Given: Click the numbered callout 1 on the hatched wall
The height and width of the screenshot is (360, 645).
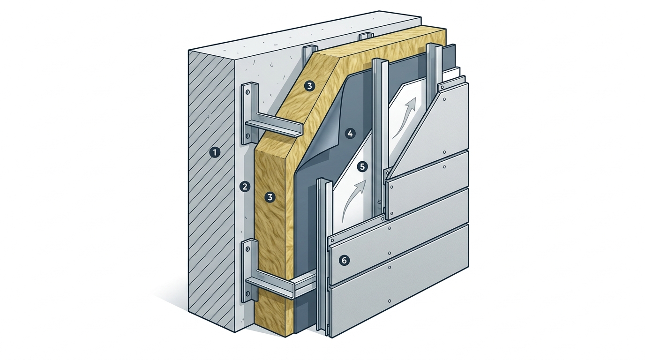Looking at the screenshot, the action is coord(215,152).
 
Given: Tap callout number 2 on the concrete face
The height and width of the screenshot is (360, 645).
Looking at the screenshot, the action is coord(245,187).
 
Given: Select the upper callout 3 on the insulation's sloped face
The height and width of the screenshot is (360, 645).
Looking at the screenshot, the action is coord(309,86).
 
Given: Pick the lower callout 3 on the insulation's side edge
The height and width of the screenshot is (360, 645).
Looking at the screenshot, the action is coord(270,197).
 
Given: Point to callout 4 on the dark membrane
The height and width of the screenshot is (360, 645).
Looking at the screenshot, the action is coord(350,134).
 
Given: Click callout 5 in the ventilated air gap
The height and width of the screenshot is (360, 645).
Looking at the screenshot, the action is coord(362,167).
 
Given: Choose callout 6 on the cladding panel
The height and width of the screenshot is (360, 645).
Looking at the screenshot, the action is coord(344,261).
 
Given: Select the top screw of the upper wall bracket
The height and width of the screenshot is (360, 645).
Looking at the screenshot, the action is coord(247,92).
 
